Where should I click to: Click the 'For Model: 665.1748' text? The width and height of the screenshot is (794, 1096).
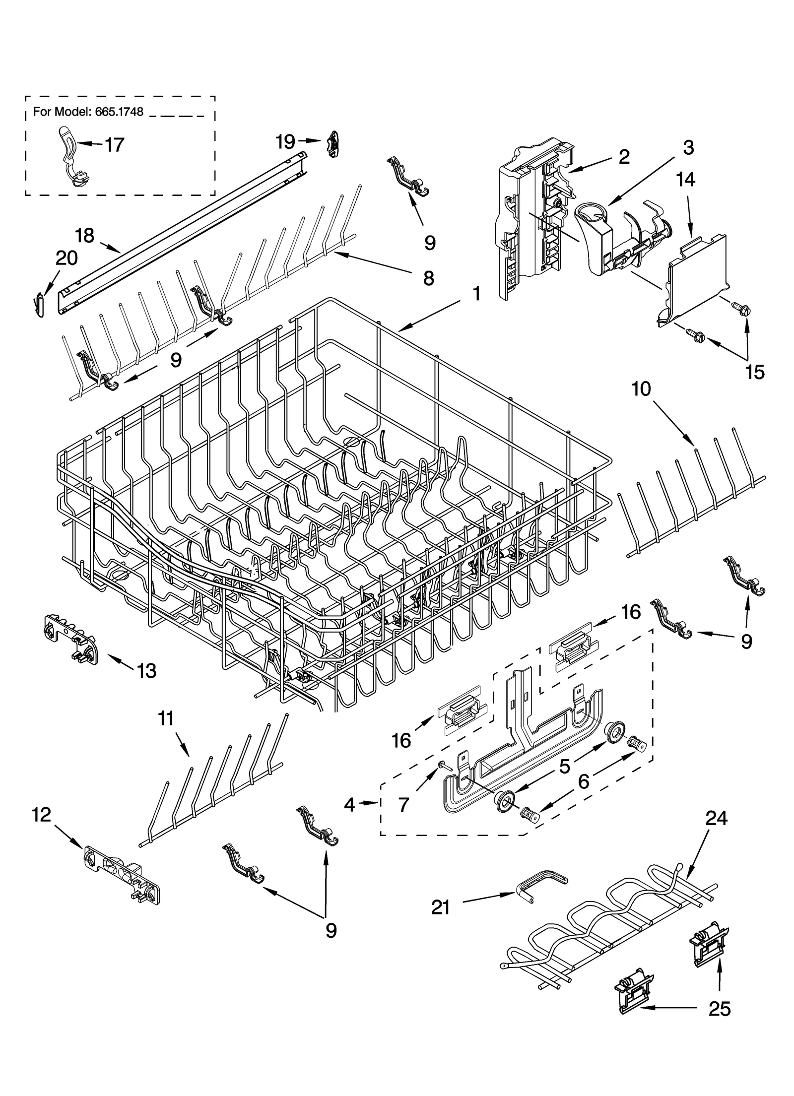[88, 112]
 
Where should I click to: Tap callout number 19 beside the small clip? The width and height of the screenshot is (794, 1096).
[285, 142]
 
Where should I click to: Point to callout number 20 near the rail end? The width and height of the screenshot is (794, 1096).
[66, 258]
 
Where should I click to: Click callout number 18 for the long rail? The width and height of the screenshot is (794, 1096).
[85, 236]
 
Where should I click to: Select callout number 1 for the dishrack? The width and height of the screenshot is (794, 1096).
[475, 294]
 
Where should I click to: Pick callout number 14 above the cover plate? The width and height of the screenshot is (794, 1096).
[685, 180]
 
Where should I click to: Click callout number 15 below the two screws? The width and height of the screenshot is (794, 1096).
[755, 372]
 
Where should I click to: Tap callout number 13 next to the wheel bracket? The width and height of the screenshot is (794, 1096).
[146, 671]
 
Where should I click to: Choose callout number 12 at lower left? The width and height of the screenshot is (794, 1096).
[42, 814]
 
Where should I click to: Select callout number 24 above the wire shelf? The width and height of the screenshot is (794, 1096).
[716, 818]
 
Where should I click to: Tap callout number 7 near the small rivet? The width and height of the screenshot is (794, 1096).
[403, 805]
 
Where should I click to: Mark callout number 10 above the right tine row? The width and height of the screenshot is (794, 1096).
[641, 389]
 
